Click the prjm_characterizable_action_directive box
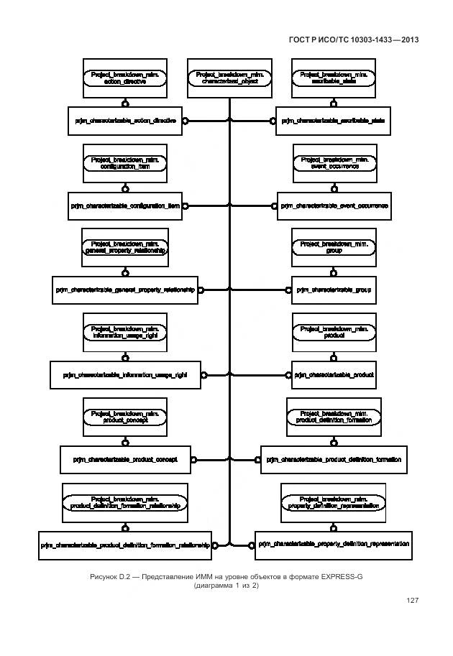click(x=125, y=121)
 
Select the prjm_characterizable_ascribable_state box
click(x=333, y=121)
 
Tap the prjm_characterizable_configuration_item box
click(x=125, y=206)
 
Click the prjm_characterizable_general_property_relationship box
click(x=125, y=290)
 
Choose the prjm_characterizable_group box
click(x=334, y=290)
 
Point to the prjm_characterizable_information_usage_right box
click(x=125, y=375)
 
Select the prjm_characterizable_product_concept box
click(x=125, y=458)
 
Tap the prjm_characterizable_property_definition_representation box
click(x=334, y=545)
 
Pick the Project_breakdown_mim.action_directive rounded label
click(x=125, y=78)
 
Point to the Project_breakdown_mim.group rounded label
click(x=334, y=247)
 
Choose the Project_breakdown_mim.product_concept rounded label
click(x=125, y=417)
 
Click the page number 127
click(x=412, y=601)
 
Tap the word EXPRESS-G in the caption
click(x=344, y=577)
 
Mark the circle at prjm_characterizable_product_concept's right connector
click(x=193, y=458)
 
